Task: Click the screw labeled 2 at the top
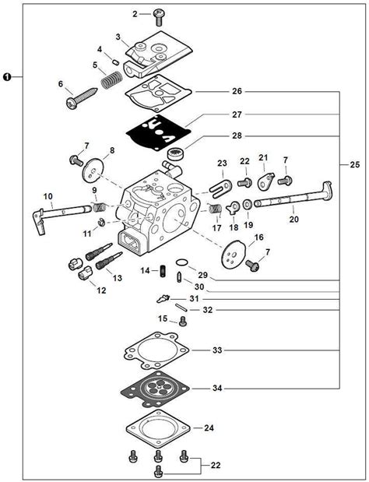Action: point(159,17)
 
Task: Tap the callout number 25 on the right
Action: point(354,165)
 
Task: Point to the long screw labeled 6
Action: point(83,98)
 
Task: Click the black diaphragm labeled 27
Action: point(156,133)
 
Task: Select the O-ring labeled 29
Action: point(182,262)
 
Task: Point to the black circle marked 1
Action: point(7,76)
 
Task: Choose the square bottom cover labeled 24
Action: point(158,428)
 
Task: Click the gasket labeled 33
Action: point(156,350)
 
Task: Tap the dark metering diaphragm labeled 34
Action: point(155,389)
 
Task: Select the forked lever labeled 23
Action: point(220,188)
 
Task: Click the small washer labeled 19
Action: point(248,205)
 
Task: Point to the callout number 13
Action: point(118,278)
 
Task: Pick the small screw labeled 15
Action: point(182,322)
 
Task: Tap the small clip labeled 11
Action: point(101,222)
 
